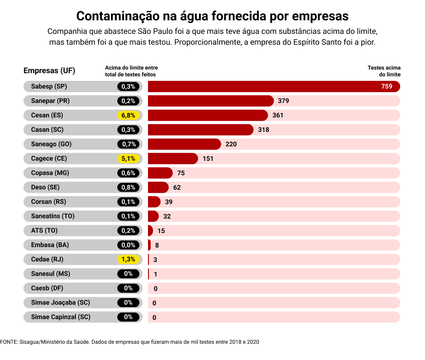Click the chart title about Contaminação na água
(212, 16)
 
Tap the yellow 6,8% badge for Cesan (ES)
(128, 115)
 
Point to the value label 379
(283, 101)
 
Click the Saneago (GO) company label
(51, 144)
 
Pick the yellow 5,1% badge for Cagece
(128, 159)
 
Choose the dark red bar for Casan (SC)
(200, 130)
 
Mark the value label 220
(231, 144)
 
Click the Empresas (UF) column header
(49, 70)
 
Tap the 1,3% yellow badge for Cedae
(128, 259)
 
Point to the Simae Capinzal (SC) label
(60, 317)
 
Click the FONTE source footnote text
(130, 342)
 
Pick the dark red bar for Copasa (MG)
(160, 173)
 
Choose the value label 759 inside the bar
(387, 86)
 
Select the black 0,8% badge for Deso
(128, 187)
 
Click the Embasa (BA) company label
(50, 245)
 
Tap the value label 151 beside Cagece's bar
(208, 159)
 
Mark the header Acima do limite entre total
(131, 71)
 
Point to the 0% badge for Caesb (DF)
(128, 288)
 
